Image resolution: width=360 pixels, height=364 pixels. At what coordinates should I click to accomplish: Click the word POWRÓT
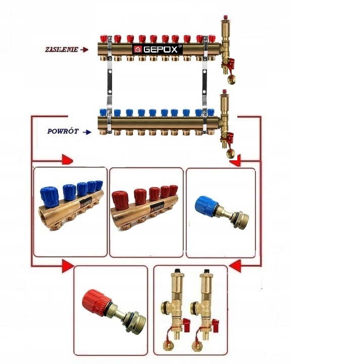click(x=63, y=131)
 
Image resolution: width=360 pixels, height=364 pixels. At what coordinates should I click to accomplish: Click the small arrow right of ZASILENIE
click(x=84, y=50)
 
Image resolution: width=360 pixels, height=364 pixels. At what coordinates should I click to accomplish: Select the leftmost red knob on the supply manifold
click(x=106, y=38)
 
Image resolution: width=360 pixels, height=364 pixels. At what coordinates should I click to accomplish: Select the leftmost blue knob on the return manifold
click(x=106, y=113)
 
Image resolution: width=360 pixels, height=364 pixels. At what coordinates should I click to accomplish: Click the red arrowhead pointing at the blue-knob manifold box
click(x=67, y=160)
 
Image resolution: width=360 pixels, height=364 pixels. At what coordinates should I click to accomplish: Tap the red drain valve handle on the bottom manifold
click(x=231, y=136)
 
